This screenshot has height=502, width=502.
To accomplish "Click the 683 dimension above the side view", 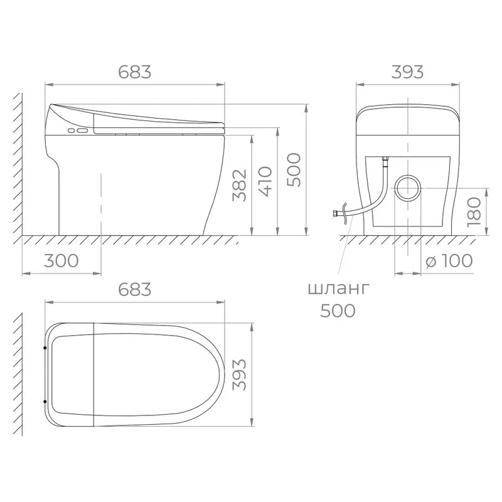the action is (134, 72).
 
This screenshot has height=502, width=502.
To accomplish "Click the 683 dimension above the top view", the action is (134, 290).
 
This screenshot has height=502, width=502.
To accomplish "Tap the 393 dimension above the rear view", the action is (407, 72).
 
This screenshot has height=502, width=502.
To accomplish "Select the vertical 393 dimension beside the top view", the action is (240, 375).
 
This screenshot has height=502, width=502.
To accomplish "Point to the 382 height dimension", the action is (240, 185).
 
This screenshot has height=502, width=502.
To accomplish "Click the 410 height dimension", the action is (265, 181).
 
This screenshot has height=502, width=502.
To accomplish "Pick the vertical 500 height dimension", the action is (294, 170).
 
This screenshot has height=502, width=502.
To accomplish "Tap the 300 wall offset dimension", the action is (61, 260).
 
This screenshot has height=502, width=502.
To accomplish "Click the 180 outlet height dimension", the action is (474, 212).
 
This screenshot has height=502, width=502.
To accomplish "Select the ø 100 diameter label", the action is (449, 260).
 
